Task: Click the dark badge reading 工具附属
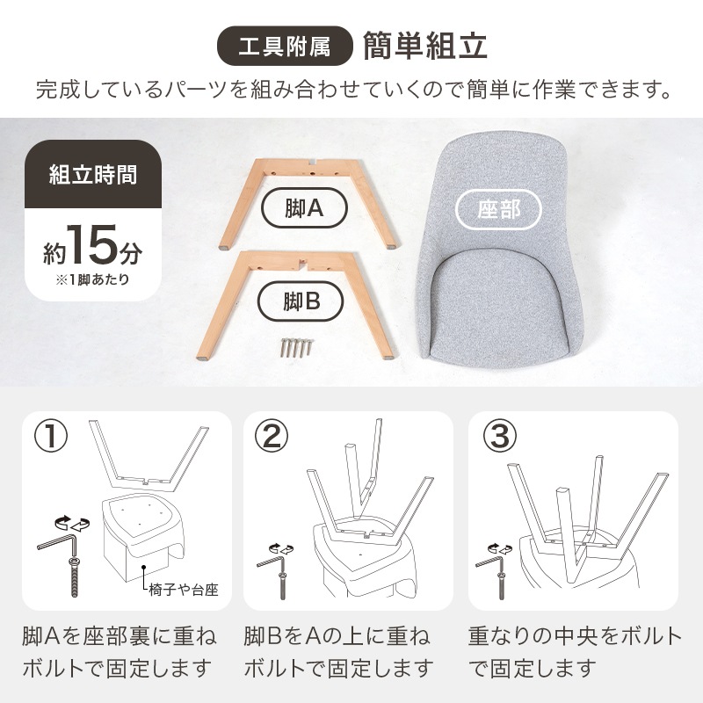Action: pos(285,47)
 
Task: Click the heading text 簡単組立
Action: pos(424,47)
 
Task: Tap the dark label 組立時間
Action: pos(92,173)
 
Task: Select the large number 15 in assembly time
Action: pos(91,245)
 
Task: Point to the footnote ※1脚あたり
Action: pos(92,281)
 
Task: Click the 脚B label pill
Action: pos(301,302)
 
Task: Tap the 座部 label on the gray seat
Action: pos(499,210)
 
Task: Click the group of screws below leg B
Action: pos(294,346)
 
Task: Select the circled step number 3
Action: pos(499,436)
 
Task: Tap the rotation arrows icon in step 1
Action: pos(69,524)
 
